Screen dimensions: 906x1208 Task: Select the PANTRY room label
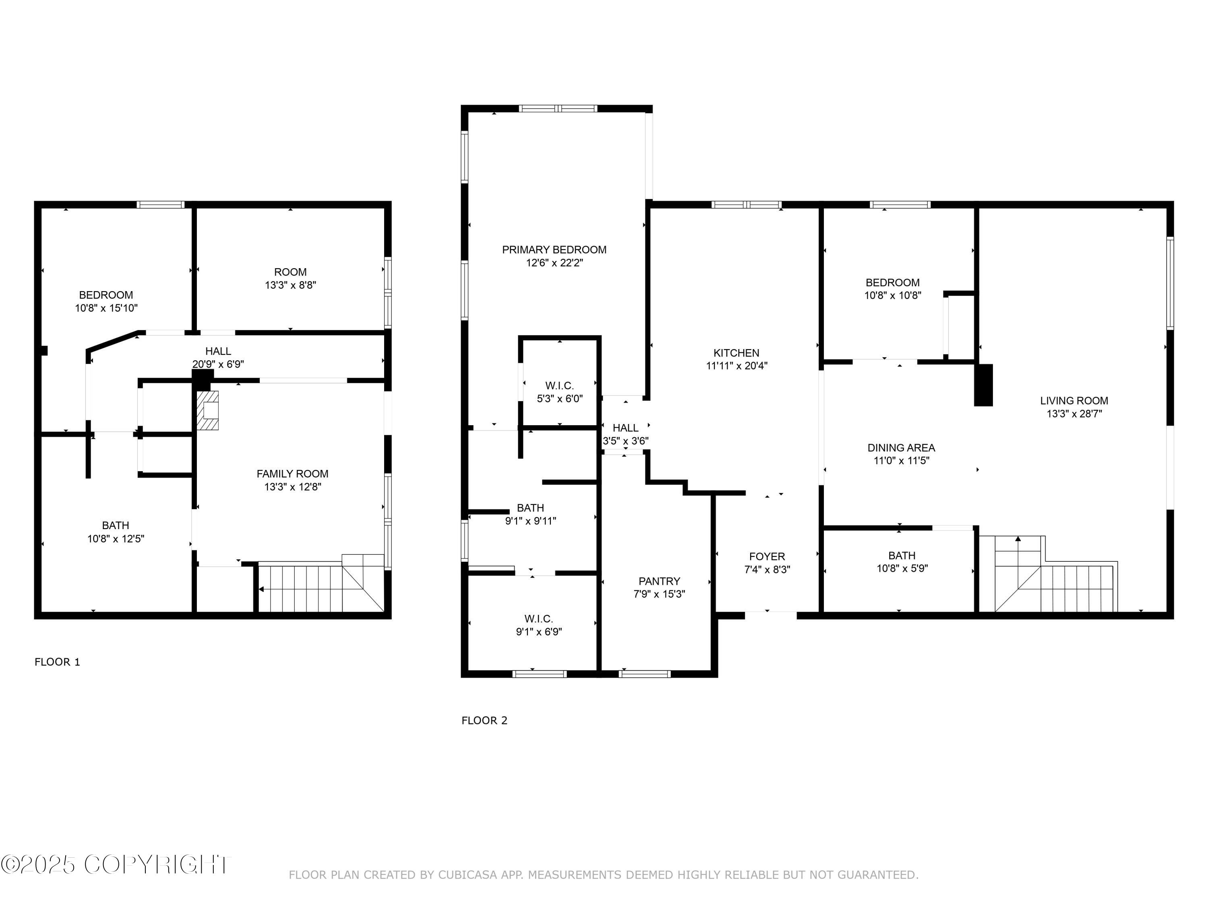pyautogui.click(x=659, y=581)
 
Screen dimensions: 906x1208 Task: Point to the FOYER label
pyautogui.click(x=767, y=556)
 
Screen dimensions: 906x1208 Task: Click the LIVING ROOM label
pyautogui.click(x=1074, y=400)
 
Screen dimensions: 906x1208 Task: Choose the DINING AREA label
pyautogui.click(x=901, y=448)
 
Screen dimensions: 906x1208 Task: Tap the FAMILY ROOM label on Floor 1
pyautogui.click(x=292, y=474)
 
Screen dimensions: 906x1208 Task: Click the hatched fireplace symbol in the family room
pyautogui.click(x=208, y=410)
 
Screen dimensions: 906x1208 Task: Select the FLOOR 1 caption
pyautogui.click(x=57, y=662)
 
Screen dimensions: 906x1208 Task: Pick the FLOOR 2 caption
pyautogui.click(x=484, y=720)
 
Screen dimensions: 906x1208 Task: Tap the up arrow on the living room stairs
pyautogui.click(x=1018, y=540)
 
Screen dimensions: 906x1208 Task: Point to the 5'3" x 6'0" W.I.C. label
pyautogui.click(x=559, y=392)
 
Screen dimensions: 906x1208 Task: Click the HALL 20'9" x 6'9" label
pyautogui.click(x=218, y=358)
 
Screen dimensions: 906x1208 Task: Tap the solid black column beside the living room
pyautogui.click(x=984, y=385)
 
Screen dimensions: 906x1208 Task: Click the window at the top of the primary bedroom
pyautogui.click(x=558, y=109)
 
